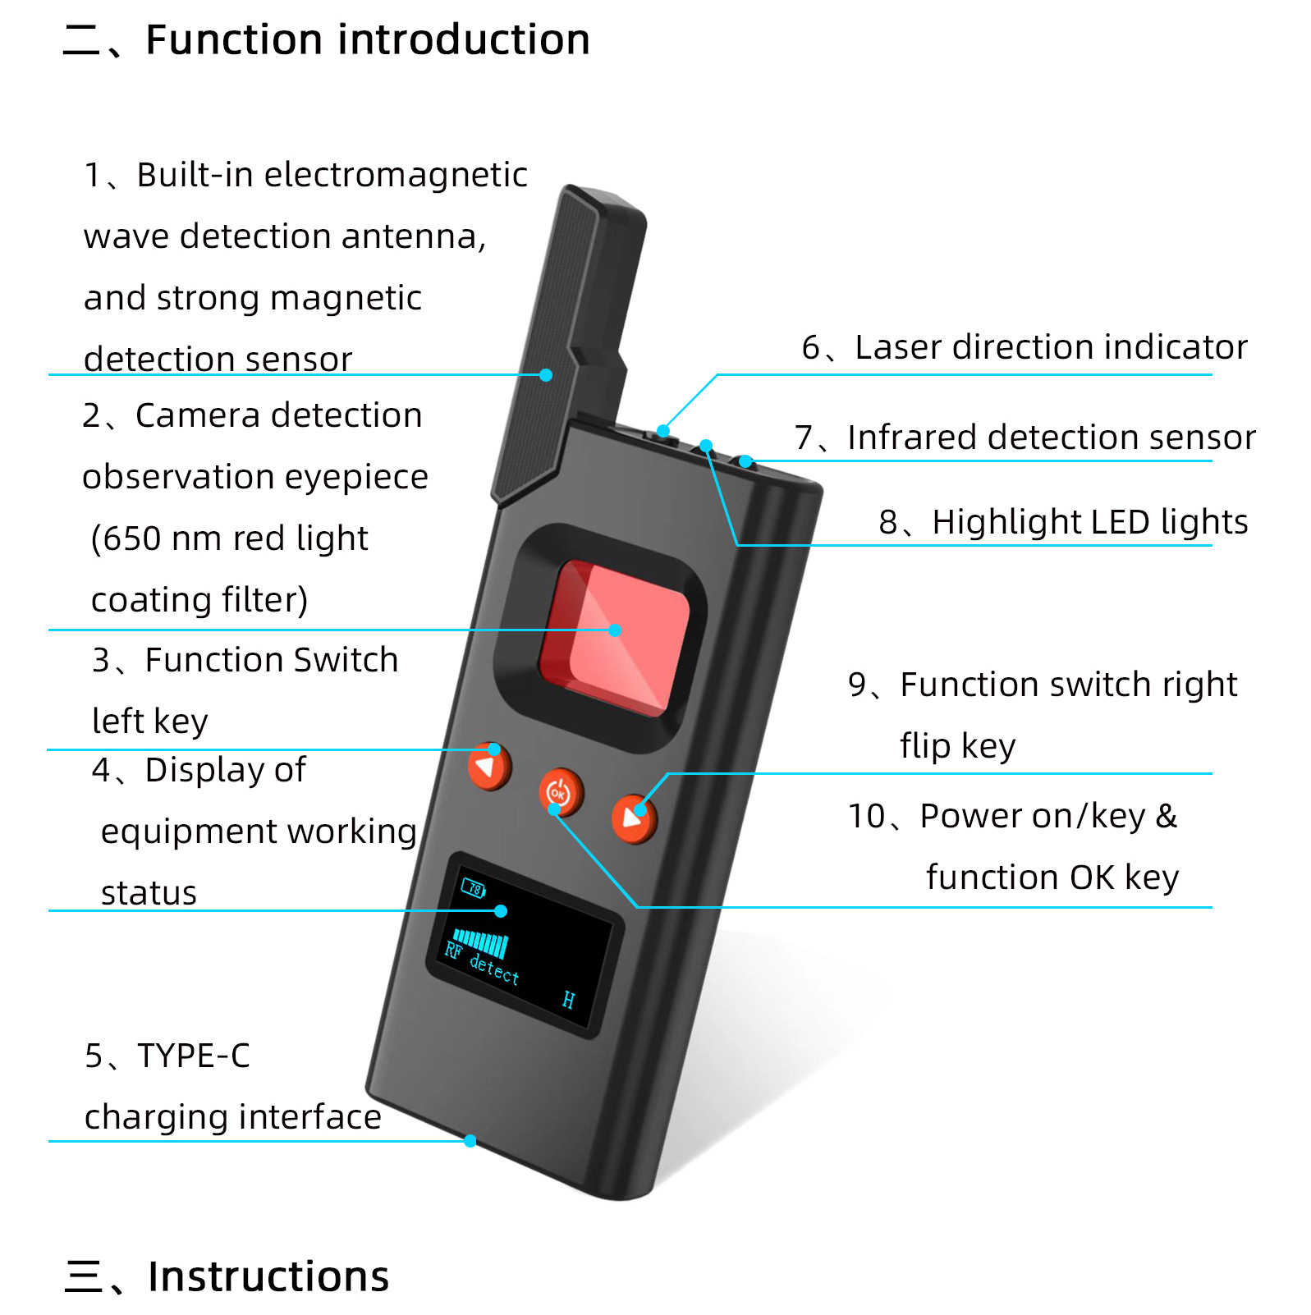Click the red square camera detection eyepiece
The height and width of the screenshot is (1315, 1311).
(614, 636)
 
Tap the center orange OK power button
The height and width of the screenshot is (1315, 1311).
(560, 793)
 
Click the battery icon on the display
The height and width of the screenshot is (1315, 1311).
(474, 888)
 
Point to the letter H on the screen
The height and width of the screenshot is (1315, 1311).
(568, 1000)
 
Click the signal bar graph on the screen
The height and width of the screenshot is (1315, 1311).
(481, 942)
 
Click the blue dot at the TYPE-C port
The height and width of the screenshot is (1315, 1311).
(470, 1141)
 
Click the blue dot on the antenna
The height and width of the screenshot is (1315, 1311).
(546, 375)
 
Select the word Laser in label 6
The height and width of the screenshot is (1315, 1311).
(897, 347)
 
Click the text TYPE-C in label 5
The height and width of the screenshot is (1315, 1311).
(194, 1056)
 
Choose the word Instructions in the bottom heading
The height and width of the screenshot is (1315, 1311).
(268, 1276)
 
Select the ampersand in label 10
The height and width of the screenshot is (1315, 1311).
(1167, 817)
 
